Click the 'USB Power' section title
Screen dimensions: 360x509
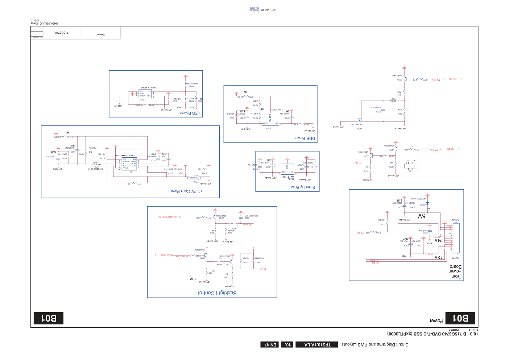pos(190,113)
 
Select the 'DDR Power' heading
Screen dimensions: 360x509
pos(305,138)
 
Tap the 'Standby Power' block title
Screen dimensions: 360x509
pos(302,187)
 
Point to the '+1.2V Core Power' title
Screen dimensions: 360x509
pos(185,191)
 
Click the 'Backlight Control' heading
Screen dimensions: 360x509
pos(217,293)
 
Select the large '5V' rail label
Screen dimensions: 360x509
pos(422,216)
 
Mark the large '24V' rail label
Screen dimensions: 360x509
pos(439,240)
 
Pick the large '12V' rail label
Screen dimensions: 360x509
pos(438,257)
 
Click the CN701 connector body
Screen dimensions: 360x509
pos(456,238)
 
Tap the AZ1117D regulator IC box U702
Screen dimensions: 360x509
pos(287,169)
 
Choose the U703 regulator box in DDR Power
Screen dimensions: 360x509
pos(270,119)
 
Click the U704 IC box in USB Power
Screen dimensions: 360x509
pos(145,94)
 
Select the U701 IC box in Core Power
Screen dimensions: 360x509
pos(129,164)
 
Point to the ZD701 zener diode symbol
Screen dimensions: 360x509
pos(427,203)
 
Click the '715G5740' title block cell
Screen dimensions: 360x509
pos(62,33)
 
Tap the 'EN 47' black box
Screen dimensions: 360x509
pos(270,344)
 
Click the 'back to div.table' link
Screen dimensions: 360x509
pos(254,9)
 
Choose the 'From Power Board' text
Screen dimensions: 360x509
pos(455,272)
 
